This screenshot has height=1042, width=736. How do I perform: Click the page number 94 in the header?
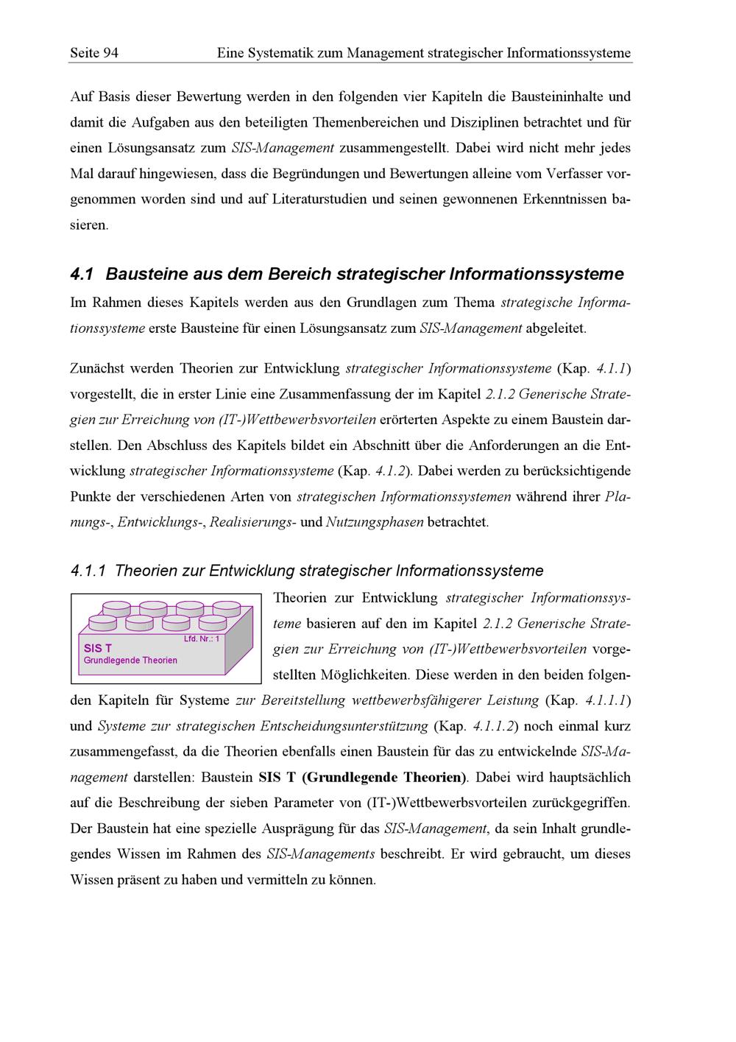(x=110, y=53)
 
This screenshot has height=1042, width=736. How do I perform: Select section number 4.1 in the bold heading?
(x=82, y=275)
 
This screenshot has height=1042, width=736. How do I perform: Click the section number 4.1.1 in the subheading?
(x=88, y=571)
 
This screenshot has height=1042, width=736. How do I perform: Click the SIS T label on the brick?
(x=98, y=648)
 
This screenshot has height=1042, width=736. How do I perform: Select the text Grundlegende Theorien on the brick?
(x=130, y=661)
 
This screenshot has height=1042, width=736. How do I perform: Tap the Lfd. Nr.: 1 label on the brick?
(x=202, y=638)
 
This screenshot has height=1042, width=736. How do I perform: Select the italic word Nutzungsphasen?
(x=374, y=523)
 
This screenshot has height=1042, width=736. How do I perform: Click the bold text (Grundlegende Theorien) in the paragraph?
(x=385, y=778)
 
